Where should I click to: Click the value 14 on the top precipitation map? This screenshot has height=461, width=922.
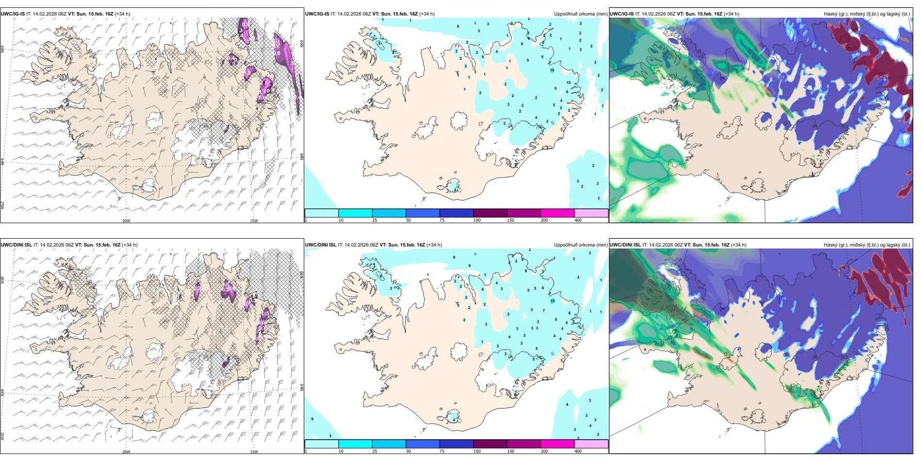552,70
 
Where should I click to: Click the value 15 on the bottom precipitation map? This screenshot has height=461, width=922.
552,301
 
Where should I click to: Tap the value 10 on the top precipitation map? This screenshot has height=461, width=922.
569,82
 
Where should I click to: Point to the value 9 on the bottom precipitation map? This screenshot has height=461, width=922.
454,257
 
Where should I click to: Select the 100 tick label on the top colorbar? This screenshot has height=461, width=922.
477,220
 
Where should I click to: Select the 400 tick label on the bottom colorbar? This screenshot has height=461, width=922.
578,451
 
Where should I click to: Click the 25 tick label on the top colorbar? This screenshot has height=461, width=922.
375,220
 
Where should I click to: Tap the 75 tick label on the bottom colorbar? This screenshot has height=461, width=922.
442,451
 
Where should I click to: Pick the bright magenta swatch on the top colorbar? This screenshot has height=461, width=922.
557,213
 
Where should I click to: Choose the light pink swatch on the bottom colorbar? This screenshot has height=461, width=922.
591,444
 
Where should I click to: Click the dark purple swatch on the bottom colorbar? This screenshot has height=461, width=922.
490,444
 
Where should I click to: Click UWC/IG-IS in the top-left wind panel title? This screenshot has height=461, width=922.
13,14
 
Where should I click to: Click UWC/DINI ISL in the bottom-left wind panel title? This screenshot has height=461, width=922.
16,245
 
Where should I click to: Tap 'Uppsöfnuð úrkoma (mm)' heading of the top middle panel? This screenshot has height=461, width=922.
580,14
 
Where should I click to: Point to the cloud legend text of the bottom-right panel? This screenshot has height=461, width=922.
867,245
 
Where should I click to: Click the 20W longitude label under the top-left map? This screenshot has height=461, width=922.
126,221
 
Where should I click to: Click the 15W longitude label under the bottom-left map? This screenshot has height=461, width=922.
254,452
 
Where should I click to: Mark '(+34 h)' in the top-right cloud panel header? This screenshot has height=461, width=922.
731,14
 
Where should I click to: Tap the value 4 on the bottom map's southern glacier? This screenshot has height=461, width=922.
454,419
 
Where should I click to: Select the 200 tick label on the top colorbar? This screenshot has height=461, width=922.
544,220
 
